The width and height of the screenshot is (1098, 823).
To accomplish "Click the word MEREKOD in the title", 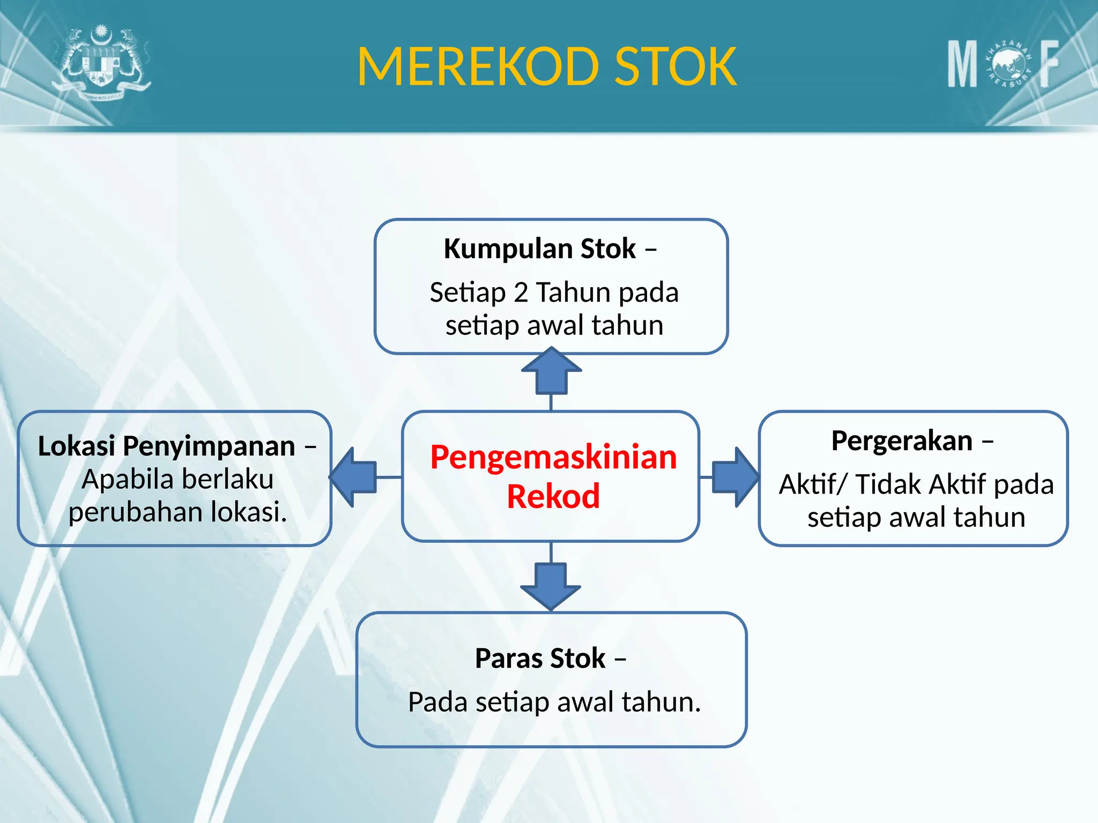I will [x=477, y=66].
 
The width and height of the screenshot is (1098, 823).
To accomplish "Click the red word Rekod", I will [x=553, y=496].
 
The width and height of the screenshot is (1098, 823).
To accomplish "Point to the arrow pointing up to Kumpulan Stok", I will [x=551, y=370].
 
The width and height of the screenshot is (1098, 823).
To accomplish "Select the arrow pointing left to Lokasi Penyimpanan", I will [x=354, y=477].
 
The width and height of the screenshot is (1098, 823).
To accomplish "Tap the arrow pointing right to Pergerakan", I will [x=735, y=477].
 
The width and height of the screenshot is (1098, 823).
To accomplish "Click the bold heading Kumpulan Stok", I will [x=540, y=249].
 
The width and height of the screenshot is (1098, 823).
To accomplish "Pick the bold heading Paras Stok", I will [x=540, y=658].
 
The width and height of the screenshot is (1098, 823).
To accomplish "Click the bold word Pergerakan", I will [x=902, y=441].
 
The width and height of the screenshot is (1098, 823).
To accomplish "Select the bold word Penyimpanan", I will [x=209, y=446].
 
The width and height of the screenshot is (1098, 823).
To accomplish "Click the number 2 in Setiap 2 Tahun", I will [x=521, y=293].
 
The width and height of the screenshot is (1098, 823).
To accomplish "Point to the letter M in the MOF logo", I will [x=962, y=64].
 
